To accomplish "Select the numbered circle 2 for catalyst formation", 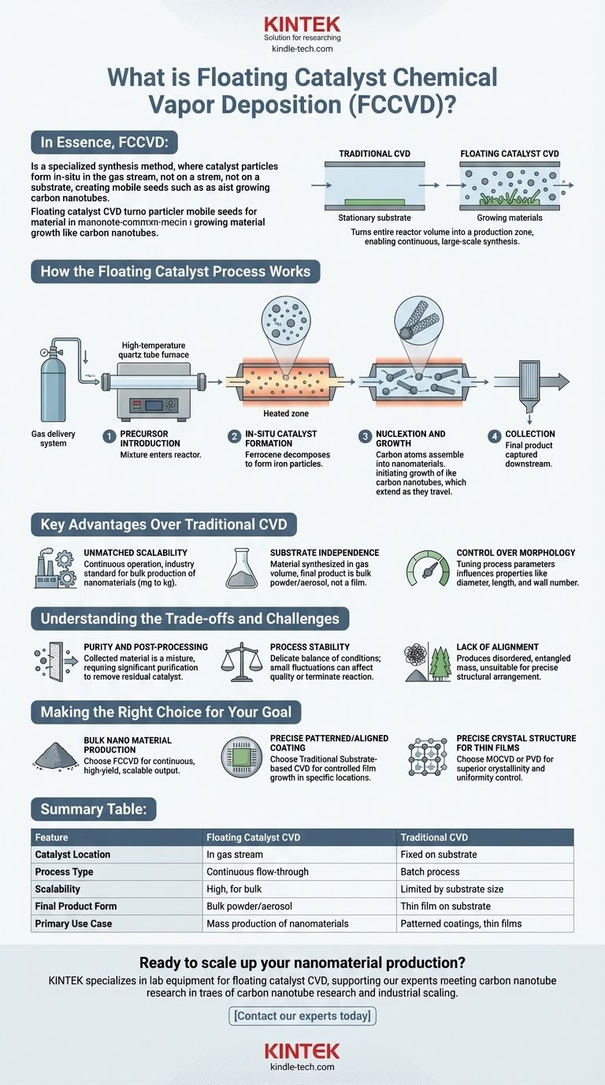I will (x=234, y=436).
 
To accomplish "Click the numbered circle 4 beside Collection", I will (x=494, y=436).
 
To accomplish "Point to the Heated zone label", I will (x=285, y=414).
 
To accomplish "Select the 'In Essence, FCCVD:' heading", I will (x=105, y=143).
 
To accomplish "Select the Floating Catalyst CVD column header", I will (x=252, y=837).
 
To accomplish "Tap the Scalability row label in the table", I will (x=57, y=889).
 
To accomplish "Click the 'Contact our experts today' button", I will (x=302, y=1016).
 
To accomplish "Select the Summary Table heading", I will (x=93, y=809).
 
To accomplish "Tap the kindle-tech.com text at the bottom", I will (x=302, y=1067).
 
